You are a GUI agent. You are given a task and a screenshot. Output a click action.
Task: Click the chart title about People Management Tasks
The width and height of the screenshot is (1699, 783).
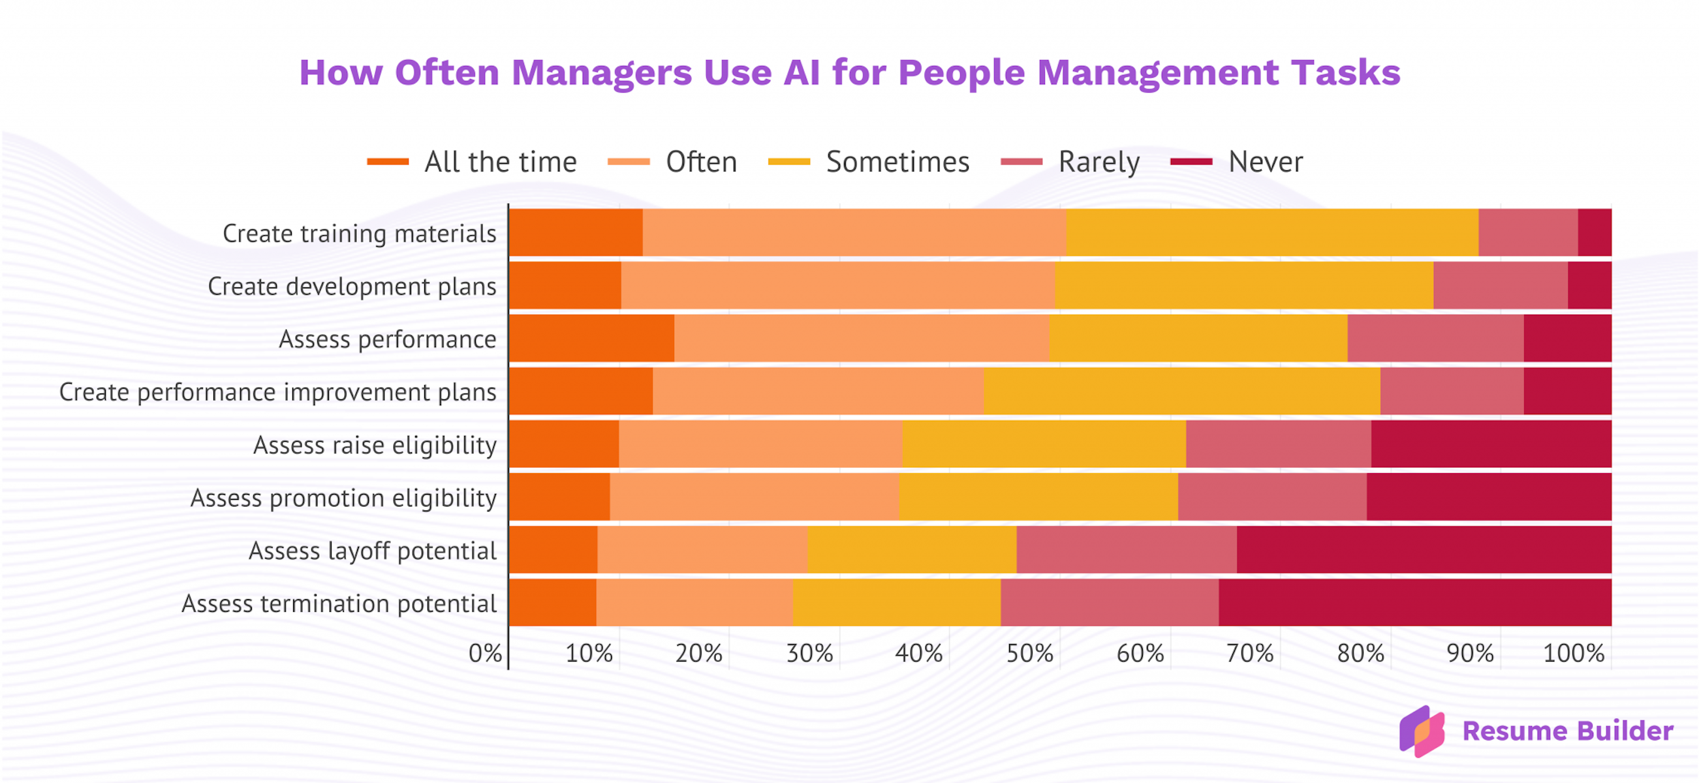pyautogui.click(x=850, y=72)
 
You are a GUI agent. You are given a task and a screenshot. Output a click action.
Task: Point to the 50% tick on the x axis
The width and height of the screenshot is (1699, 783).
pyautogui.click(x=1029, y=653)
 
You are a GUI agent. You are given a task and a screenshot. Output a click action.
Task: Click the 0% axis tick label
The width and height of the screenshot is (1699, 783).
pyautogui.click(x=485, y=653)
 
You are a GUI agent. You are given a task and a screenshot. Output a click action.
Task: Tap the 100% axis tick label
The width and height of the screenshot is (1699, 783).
pyautogui.click(x=1573, y=653)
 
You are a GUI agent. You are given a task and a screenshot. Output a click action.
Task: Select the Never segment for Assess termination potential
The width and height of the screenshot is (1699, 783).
pyautogui.click(x=1414, y=602)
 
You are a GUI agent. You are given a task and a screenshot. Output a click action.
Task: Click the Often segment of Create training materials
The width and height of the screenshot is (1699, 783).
pyautogui.click(x=854, y=233)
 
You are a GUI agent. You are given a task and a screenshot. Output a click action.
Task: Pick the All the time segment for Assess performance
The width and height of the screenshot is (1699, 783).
pyautogui.click(x=591, y=338)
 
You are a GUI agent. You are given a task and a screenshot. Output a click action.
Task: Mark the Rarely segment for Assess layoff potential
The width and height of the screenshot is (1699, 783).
pyautogui.click(x=1127, y=549)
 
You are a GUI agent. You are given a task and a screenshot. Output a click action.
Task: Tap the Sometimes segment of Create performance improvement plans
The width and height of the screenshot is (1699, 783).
pyautogui.click(x=1181, y=391)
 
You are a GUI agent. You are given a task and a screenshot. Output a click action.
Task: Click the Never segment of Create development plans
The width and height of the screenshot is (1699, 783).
pyautogui.click(x=1589, y=285)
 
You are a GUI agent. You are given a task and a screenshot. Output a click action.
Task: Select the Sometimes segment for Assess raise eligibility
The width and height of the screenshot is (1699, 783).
pyautogui.click(x=1044, y=444)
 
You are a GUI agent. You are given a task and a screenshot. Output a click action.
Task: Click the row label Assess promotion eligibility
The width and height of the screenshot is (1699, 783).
pyautogui.click(x=343, y=498)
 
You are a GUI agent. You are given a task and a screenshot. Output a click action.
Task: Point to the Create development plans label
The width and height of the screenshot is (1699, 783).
pyautogui.click(x=352, y=286)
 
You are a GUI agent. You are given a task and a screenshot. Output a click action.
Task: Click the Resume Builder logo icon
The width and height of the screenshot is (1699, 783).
pyautogui.click(x=1422, y=731)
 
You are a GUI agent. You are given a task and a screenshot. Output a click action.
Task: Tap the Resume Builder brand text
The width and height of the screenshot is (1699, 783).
pyautogui.click(x=1567, y=731)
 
